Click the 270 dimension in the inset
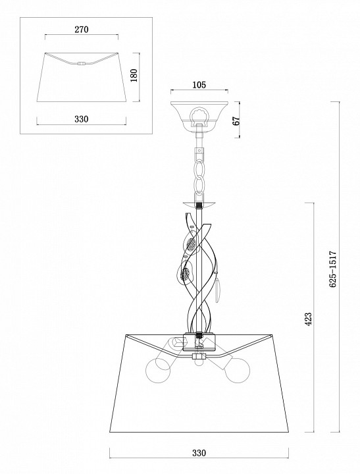click(82, 30)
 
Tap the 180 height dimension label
click(134, 76)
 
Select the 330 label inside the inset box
click(82, 118)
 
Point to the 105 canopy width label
click(199, 85)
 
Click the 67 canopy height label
click(237, 120)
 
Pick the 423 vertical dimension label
click(308, 319)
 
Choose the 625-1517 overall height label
click(333, 269)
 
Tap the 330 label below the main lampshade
click(199, 453)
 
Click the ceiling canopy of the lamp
click(199, 115)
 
